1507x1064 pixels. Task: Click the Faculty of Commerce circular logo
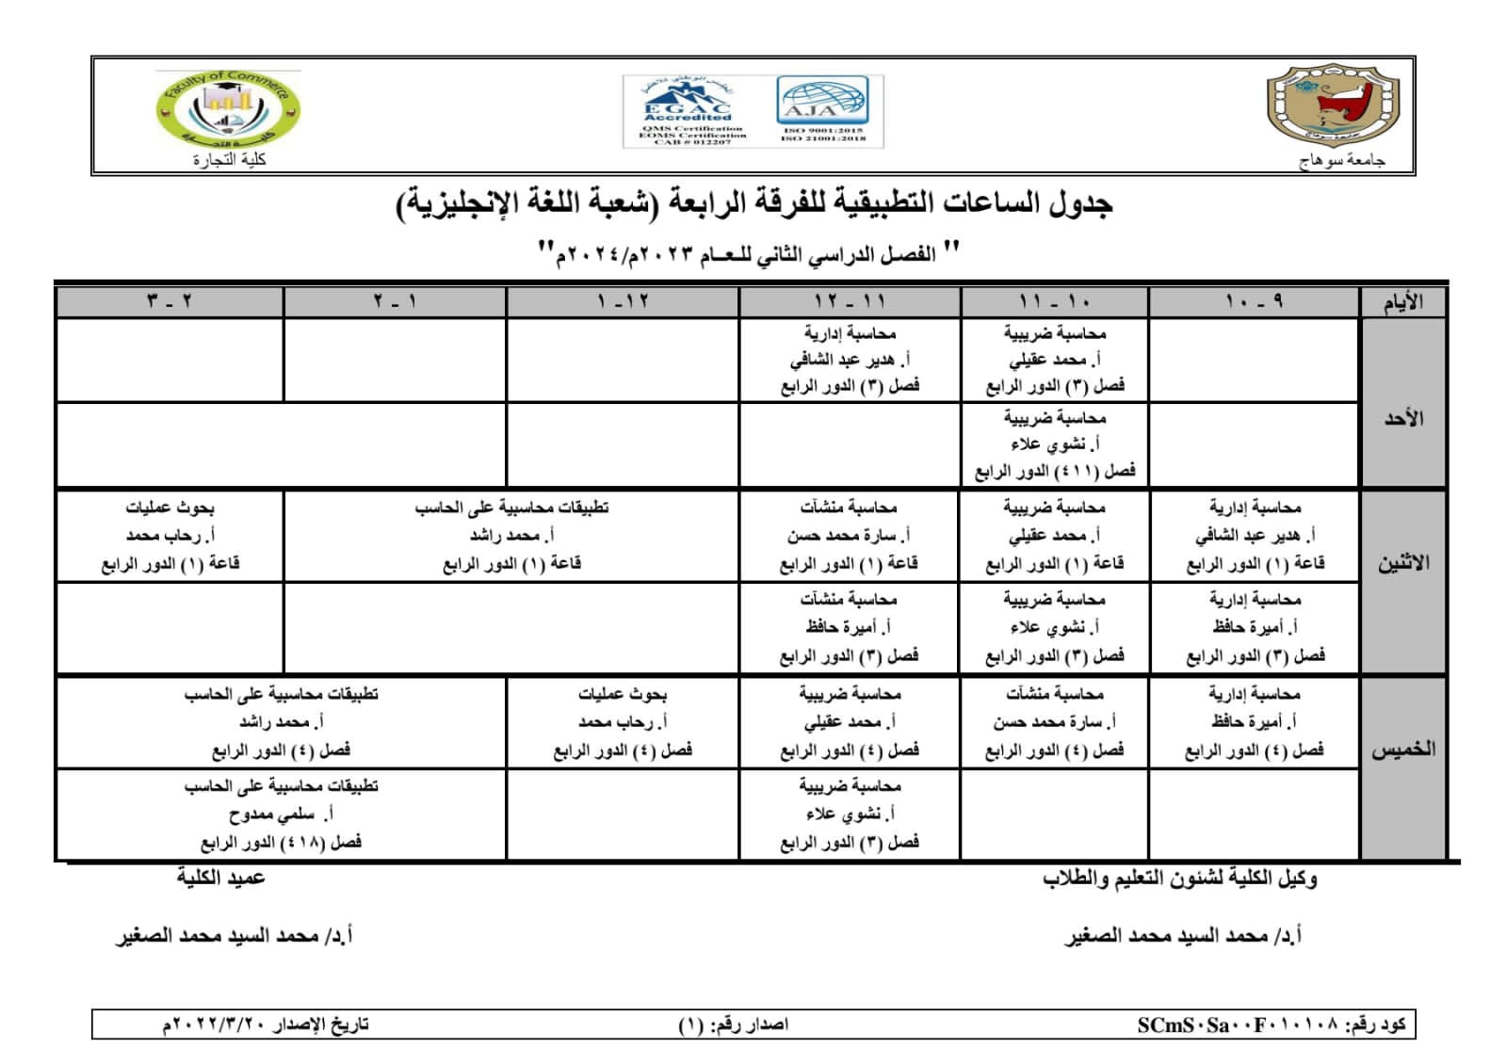click(x=229, y=109)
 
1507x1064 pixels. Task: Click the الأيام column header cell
click(x=1402, y=303)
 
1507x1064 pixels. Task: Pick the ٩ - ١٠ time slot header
click(x=1254, y=302)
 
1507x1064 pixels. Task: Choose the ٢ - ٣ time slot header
click(x=170, y=302)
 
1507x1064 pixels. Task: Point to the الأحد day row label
click(x=1402, y=418)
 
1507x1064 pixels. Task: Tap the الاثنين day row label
click(x=1402, y=563)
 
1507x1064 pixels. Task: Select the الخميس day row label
click(x=1402, y=750)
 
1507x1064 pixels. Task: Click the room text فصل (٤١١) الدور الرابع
click(x=1054, y=471)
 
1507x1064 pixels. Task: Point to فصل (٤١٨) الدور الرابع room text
click(x=281, y=843)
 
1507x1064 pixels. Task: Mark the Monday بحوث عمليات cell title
click(x=170, y=508)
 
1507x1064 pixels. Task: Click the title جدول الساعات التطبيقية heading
click(x=753, y=203)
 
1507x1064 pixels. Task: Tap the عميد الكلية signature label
click(x=220, y=879)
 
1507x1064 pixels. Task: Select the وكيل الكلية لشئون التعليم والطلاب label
click(x=1179, y=879)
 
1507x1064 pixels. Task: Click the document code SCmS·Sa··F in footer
click(x=1271, y=1025)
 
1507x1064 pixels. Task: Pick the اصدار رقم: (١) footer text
click(x=733, y=1025)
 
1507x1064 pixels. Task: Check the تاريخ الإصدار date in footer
click(x=266, y=1025)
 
